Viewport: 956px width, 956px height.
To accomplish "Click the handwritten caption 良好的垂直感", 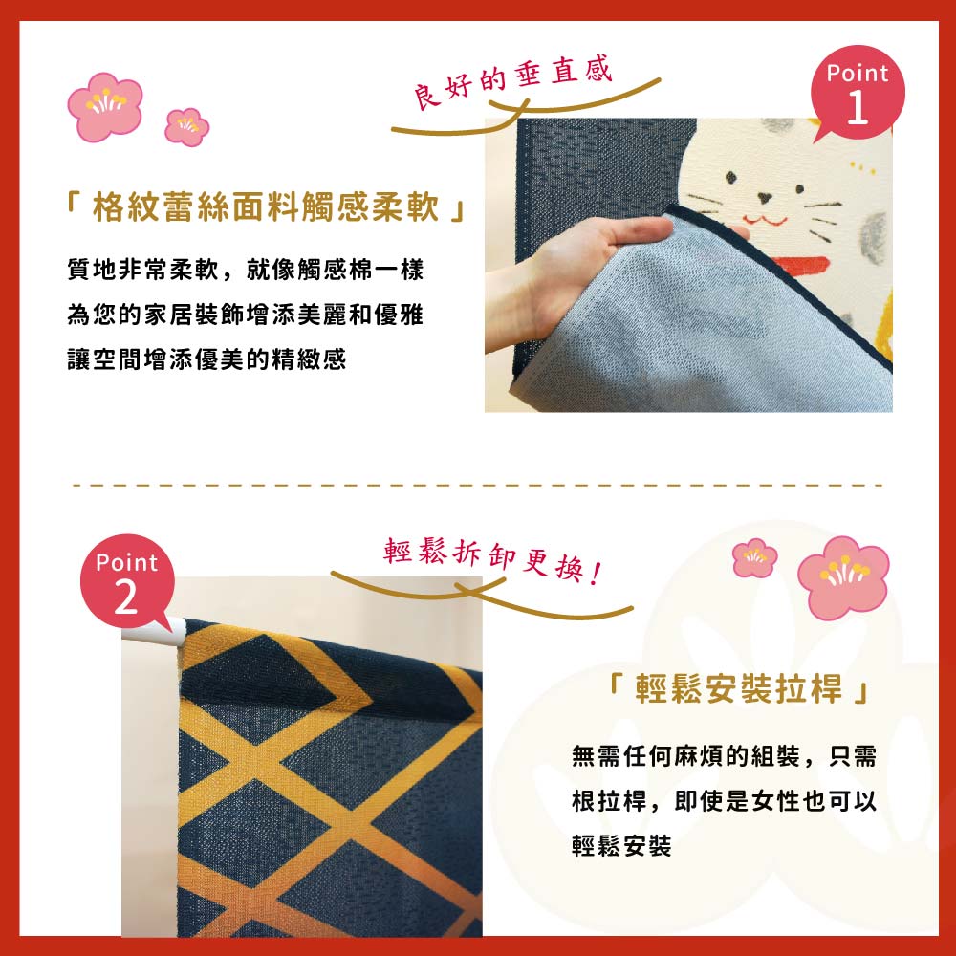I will tap(514, 82).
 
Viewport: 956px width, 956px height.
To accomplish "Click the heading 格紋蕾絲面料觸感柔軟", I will tap(266, 206).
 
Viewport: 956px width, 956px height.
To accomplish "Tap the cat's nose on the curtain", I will tap(766, 199).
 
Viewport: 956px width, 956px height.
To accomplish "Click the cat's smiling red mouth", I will tap(765, 219).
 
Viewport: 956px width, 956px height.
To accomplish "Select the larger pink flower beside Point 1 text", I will tap(105, 107).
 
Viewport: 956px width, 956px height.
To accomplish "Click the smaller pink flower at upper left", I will tap(187, 126).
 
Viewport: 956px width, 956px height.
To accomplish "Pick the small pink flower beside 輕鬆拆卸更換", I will tap(754, 557).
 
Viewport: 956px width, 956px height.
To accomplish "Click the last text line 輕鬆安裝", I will tap(621, 846).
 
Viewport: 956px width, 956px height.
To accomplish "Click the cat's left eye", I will tap(731, 177).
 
